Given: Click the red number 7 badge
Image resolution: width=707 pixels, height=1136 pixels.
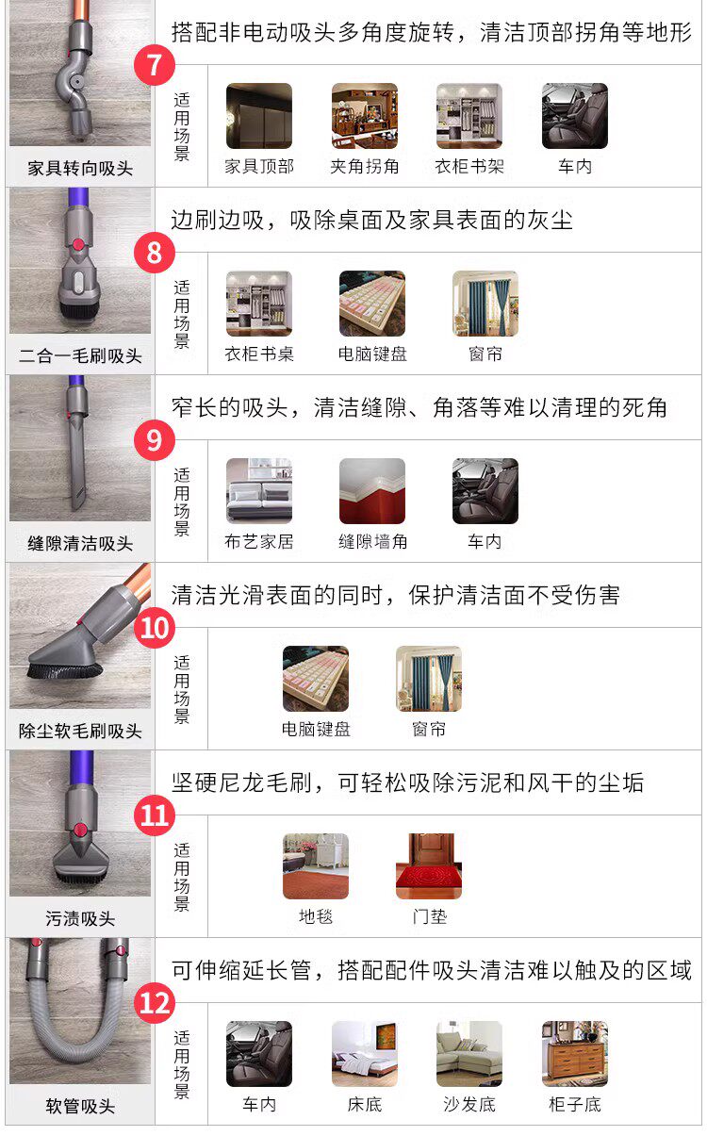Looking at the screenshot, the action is [x=155, y=65].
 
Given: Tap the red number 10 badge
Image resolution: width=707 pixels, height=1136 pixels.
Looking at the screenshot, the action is [x=155, y=628].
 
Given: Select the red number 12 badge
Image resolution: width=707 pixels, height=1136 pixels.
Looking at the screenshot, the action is [x=155, y=1003].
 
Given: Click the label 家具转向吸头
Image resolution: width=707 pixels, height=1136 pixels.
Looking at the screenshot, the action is [x=80, y=169].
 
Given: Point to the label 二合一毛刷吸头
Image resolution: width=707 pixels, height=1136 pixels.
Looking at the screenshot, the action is [x=80, y=356].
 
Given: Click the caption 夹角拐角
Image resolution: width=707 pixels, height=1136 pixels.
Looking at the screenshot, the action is [x=365, y=166].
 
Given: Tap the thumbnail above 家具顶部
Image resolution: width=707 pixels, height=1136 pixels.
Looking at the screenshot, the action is [x=259, y=116].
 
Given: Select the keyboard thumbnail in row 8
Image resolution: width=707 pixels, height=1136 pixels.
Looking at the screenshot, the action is [x=372, y=304].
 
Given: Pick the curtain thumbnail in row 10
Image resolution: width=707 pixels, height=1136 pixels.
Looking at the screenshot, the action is [x=429, y=679].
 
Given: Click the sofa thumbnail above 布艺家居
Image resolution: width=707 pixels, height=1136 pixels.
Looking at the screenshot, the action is [x=259, y=491].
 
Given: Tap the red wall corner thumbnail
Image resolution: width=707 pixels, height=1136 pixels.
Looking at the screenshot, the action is [x=372, y=491].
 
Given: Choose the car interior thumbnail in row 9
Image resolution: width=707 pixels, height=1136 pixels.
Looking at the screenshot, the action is [x=485, y=491].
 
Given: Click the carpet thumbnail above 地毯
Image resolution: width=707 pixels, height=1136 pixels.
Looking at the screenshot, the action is [x=316, y=866].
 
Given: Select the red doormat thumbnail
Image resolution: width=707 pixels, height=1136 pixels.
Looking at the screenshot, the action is [x=429, y=866].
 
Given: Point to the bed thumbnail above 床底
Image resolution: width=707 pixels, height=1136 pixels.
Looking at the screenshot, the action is [x=365, y=1054].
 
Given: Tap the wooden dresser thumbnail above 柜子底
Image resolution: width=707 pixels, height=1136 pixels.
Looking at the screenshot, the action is [x=575, y=1054].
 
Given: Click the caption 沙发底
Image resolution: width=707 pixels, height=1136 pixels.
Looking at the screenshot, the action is [x=469, y=1105].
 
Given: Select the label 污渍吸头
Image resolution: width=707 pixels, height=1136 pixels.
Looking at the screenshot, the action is [x=80, y=919].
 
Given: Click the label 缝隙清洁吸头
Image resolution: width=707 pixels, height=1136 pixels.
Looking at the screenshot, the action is [x=80, y=544].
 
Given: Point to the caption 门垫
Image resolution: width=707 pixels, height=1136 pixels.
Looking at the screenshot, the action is [x=430, y=917].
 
